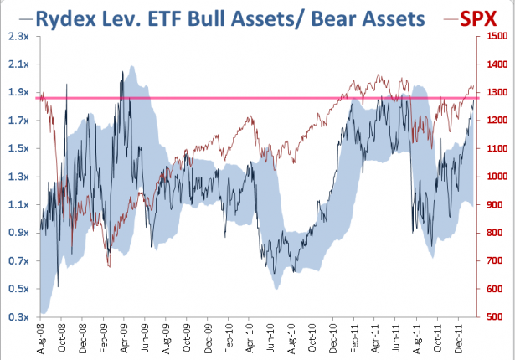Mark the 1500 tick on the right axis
pyautogui.click(x=496, y=36)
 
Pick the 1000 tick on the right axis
pyautogui.click(x=496, y=177)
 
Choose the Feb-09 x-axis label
pyautogui.click(x=106, y=338)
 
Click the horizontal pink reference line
pyautogui.click(x=251, y=98)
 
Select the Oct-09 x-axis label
pyautogui.click(x=188, y=338)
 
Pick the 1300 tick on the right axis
pyautogui.click(x=496, y=92)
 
